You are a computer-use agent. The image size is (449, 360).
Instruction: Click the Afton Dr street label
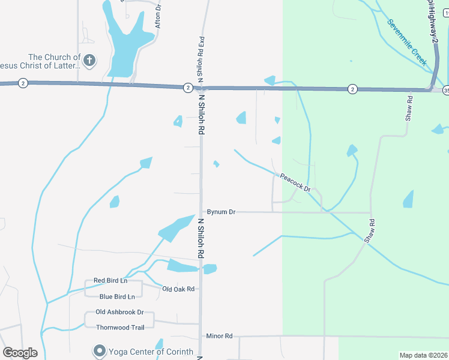point(158,16)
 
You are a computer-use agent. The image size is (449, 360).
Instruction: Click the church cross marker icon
point(89,60)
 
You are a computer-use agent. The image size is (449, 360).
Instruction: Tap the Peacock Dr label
point(295,182)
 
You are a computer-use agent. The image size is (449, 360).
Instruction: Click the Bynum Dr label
point(221,212)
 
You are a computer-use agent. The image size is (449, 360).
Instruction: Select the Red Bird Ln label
point(111,281)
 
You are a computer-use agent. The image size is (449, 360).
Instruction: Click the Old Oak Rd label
point(179,289)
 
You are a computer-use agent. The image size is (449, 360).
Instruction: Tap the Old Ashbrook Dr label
point(120,312)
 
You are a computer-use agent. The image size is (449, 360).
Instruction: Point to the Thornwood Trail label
point(120,327)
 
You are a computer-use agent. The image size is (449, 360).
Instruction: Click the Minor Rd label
point(218,337)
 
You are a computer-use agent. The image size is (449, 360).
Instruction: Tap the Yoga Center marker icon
point(98,350)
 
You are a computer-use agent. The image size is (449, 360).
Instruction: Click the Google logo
point(20,353)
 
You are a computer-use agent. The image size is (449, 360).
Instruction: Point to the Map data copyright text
point(423,355)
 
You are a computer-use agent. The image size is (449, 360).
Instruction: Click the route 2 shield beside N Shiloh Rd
point(188,88)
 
